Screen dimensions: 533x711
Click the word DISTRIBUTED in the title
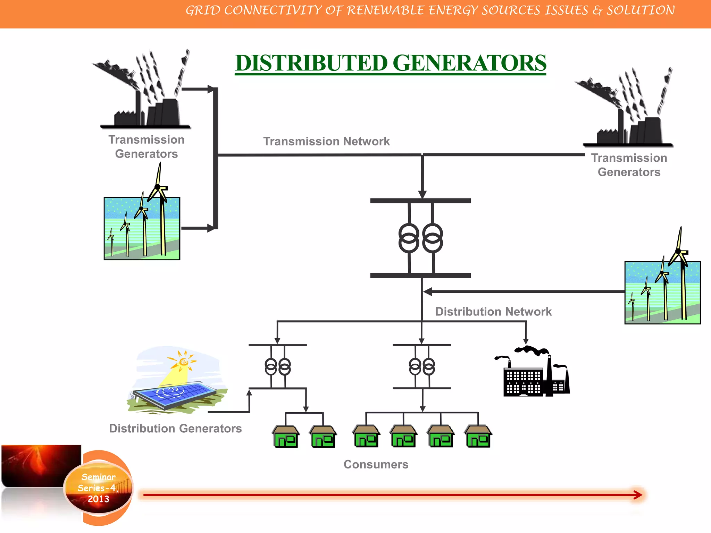pos(311,63)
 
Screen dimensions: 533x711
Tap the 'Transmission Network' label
pos(326,142)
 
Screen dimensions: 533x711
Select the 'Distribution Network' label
pos(493,312)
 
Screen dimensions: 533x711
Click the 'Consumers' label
pos(376,464)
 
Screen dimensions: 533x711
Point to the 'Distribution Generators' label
pos(175,429)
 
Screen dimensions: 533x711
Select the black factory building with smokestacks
pos(535,377)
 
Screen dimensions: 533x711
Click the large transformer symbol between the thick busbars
pos(420,238)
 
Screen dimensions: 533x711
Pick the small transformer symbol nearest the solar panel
pos(278,367)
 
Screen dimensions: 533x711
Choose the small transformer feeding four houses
pos(422,367)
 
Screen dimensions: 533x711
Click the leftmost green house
pos(286,437)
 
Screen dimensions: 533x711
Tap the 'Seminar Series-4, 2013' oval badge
pos(99,488)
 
